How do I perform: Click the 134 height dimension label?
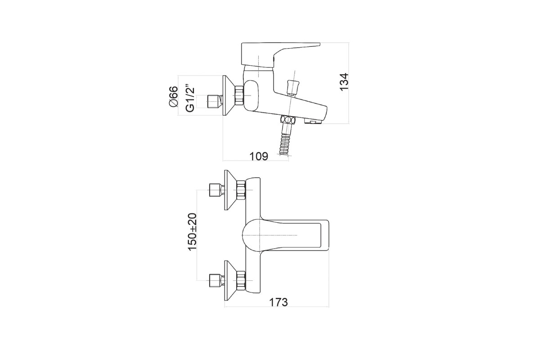(x=344, y=82)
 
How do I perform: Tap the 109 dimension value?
(x=259, y=156)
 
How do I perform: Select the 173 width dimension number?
(x=279, y=302)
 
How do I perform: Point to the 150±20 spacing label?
(x=192, y=232)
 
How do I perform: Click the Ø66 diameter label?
(x=173, y=96)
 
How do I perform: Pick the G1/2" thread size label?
(x=190, y=98)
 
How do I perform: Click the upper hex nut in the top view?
(x=241, y=190)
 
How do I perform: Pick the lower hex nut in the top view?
(x=241, y=280)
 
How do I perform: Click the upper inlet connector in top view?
(x=216, y=190)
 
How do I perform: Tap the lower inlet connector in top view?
(x=216, y=280)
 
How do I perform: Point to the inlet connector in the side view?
(x=215, y=102)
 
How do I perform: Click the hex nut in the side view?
(x=239, y=96)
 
